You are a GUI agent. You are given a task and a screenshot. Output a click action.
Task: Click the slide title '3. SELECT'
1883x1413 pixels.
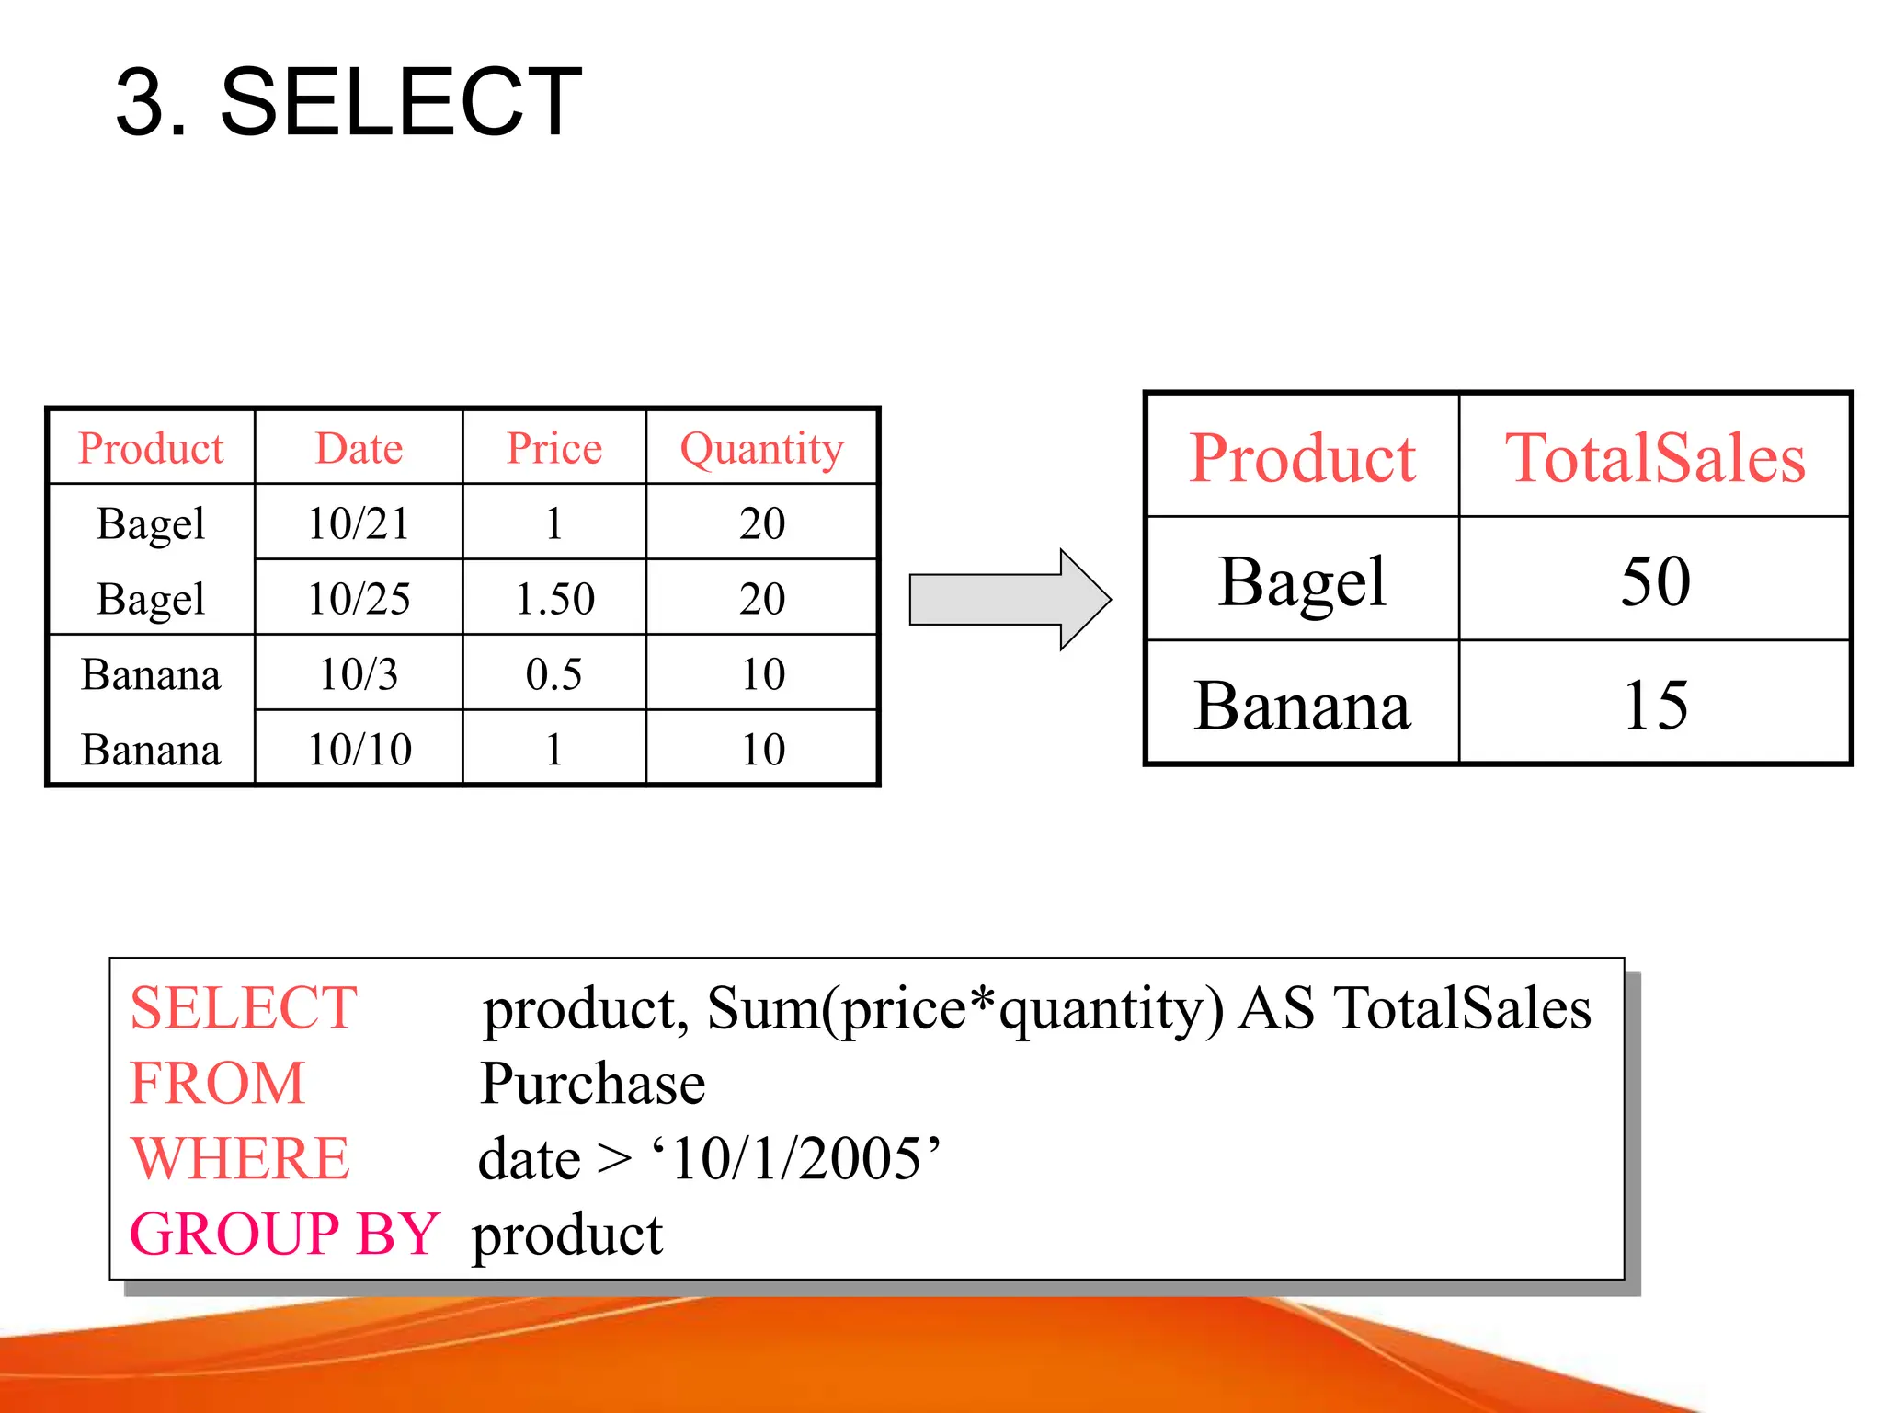pos(348,102)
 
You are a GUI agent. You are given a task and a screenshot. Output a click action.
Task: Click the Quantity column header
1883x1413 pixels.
pos(761,449)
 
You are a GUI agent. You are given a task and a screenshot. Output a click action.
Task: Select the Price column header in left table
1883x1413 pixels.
pos(553,449)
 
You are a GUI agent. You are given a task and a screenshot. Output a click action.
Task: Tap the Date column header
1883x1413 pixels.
pos(359,449)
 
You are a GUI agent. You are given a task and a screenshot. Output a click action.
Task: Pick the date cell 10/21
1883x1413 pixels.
pos(359,523)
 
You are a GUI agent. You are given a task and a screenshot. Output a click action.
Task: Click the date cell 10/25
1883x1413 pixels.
pos(359,599)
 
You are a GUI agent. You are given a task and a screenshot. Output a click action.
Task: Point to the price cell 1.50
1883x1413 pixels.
pos(554,599)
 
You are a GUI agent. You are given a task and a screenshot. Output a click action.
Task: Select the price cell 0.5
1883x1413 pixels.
pos(553,674)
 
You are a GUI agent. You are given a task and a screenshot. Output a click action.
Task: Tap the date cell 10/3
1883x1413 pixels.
pos(359,674)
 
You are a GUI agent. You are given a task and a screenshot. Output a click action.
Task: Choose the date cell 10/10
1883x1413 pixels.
pos(359,750)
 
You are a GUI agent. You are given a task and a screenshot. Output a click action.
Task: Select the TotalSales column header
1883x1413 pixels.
pos(1655,458)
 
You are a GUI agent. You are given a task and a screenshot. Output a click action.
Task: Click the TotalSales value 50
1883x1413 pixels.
pos(1655,581)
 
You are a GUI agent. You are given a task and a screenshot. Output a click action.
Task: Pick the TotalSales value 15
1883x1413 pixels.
pos(1655,706)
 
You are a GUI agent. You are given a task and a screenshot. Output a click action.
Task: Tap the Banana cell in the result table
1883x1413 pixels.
pos(1302,706)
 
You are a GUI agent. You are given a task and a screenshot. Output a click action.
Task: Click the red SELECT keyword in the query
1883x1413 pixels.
pos(244,1008)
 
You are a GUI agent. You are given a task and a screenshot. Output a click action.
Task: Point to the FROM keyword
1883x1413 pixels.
pos(217,1084)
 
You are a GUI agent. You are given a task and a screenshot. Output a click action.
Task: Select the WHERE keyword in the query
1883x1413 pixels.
pos(240,1158)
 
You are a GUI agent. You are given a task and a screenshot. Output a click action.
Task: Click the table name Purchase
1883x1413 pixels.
pos(593,1084)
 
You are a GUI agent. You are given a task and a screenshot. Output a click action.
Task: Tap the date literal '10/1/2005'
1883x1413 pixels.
pos(796,1158)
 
